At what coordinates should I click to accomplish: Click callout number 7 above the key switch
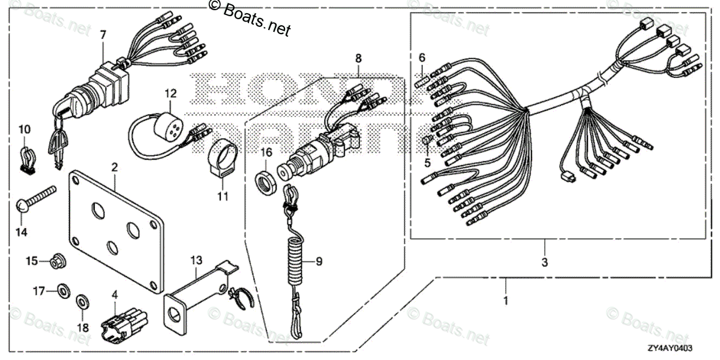pos(103,35)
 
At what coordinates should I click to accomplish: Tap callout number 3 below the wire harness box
pos(545,262)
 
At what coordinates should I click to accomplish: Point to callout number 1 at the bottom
pos(505,300)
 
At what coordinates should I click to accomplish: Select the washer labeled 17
pos(62,292)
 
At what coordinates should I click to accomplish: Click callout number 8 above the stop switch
pos(359,58)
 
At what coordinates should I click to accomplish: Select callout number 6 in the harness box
pos(422,58)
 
